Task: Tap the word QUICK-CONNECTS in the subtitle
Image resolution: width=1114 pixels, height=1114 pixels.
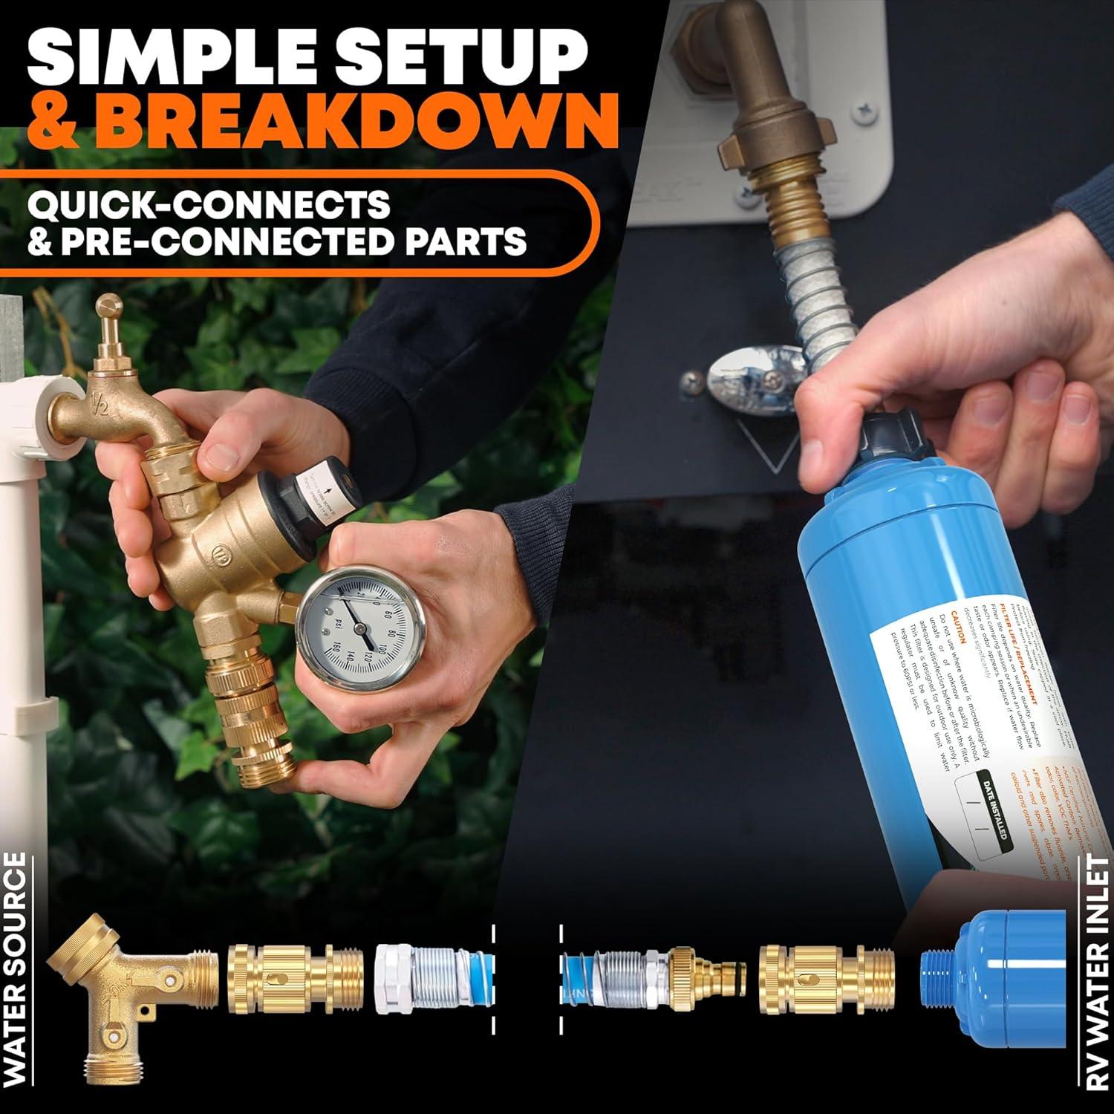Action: (209, 203)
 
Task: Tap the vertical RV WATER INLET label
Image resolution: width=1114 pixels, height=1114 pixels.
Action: (1097, 988)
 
